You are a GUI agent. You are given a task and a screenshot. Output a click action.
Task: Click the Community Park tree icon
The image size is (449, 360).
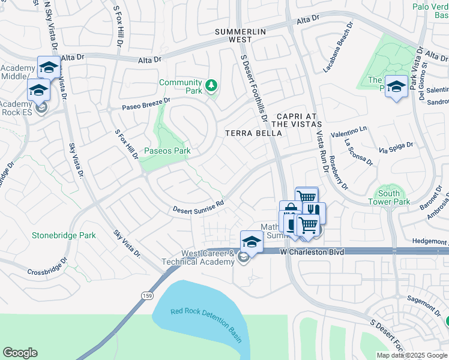[211, 86]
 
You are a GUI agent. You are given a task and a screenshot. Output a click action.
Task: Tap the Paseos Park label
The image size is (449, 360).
[166, 151]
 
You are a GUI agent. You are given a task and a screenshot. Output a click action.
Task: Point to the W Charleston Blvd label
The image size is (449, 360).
[313, 253]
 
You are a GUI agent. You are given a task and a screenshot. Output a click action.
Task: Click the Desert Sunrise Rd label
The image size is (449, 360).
[198, 206]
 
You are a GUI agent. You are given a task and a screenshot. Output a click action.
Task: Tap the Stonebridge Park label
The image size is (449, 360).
[64, 236]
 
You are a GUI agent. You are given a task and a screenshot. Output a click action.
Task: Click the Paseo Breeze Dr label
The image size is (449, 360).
[146, 104]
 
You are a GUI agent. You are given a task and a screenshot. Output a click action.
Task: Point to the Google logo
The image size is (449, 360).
[20, 353]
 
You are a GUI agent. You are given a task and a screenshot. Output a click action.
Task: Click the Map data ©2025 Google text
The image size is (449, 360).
[412, 355]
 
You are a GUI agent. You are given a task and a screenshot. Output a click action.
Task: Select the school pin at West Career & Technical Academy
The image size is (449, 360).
[252, 242]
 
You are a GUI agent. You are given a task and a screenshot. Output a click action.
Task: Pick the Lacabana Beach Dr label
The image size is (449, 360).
[339, 49]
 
